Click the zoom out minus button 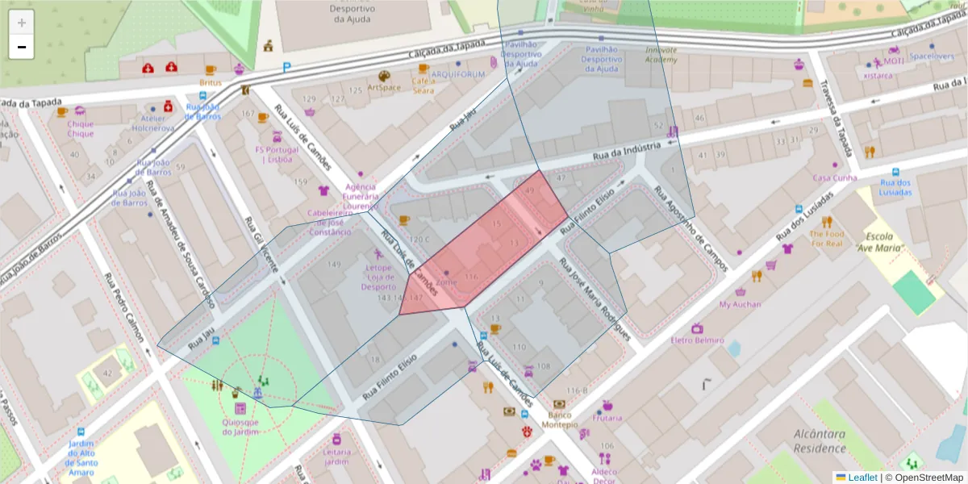pyautogui.click(x=22, y=48)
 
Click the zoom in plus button pyautogui.click(x=22, y=23)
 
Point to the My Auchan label pyautogui.click(x=740, y=304)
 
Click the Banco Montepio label pyautogui.click(x=559, y=419)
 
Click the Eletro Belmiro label pyautogui.click(x=697, y=340)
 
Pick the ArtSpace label pyautogui.click(x=383, y=87)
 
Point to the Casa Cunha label pyautogui.click(x=834, y=177)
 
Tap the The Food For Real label pyautogui.click(x=826, y=238)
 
